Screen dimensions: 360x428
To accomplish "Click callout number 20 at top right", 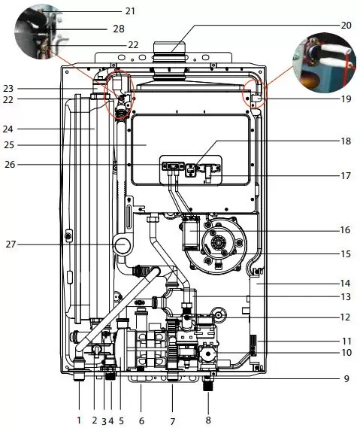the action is click(x=346, y=26).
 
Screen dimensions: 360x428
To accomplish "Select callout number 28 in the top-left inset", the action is click(x=119, y=29).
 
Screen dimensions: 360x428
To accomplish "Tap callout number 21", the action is click(x=130, y=11).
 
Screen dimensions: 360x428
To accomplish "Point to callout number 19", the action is click(x=346, y=99).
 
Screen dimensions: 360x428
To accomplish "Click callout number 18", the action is click(x=346, y=141).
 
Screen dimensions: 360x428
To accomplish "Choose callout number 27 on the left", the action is click(x=11, y=244).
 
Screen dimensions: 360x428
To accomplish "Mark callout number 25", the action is click(x=9, y=144).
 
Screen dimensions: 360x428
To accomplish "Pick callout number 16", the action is click(x=345, y=230).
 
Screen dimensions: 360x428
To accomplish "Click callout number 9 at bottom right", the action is click(x=346, y=378).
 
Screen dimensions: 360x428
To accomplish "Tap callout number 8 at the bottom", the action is click(x=208, y=420).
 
